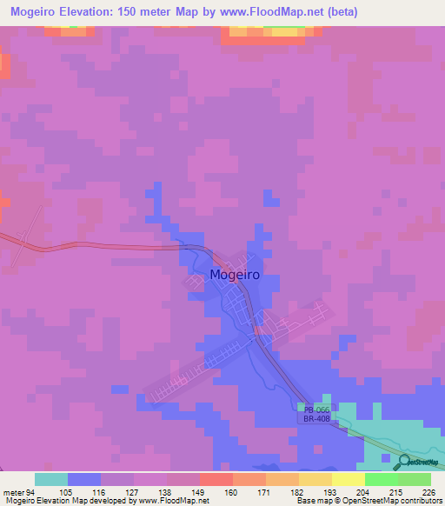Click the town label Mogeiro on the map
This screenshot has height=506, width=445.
pos(234,276)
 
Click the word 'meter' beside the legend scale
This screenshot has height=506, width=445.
pos(13,491)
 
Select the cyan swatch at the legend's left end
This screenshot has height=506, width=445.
pos(51,479)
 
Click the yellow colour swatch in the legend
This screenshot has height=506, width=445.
pos(348,479)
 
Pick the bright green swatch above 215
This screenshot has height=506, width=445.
pos(381,479)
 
